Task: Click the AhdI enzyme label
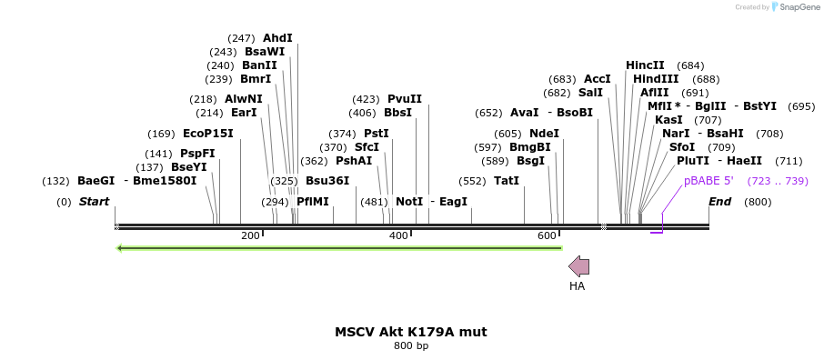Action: [277, 38]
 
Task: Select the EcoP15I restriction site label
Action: [208, 134]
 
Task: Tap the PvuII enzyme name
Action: [405, 99]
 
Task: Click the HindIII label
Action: [657, 79]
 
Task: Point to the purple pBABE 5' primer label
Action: [708, 181]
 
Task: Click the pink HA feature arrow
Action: [578, 266]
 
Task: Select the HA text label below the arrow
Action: [577, 286]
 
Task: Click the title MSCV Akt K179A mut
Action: [411, 332]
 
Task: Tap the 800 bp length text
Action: [411, 346]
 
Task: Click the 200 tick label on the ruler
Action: [250, 236]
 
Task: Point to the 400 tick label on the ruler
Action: [398, 236]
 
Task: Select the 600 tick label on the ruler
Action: [547, 236]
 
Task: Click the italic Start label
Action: [94, 201]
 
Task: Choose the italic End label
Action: [719, 201]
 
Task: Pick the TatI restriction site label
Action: [507, 181]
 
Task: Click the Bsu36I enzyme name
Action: [327, 181]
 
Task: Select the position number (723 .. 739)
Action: [778, 181]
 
